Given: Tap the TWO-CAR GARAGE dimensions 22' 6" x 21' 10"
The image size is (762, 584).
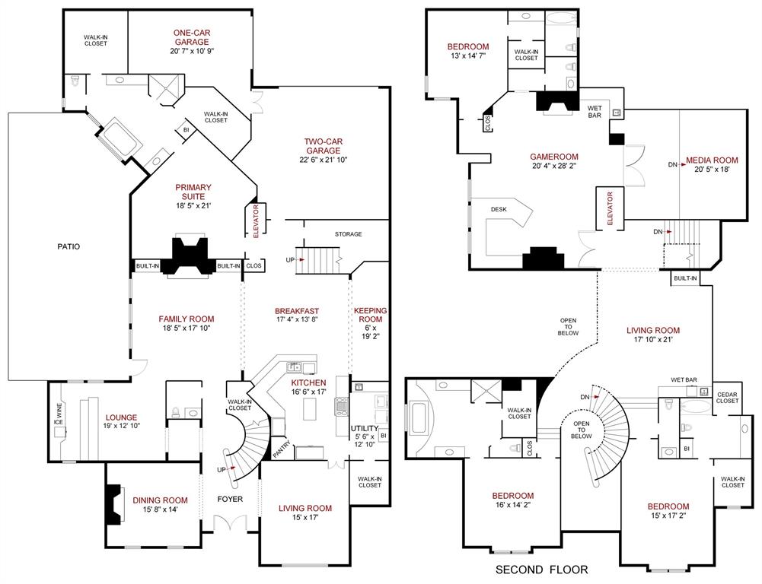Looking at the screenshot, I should (x=324, y=160).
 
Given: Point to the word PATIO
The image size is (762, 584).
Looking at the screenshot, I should (x=68, y=246).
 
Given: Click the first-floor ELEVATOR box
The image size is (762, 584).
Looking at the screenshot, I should (x=256, y=221).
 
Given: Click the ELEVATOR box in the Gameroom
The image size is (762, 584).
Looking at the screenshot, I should (x=610, y=208).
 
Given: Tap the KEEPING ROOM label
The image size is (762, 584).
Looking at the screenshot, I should (x=370, y=315).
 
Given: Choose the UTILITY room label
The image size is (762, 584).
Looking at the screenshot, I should (x=364, y=429).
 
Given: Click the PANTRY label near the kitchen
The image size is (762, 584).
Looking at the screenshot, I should (x=282, y=449).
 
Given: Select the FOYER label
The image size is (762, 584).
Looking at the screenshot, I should (x=230, y=500).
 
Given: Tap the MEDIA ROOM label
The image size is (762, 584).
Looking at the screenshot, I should (x=712, y=160).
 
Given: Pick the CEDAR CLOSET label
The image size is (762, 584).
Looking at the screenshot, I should (x=727, y=397).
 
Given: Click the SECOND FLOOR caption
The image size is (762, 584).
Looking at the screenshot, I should (x=541, y=569).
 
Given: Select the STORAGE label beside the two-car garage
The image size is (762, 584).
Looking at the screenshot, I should (x=347, y=234).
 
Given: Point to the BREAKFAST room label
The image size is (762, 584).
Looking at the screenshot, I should (x=296, y=311).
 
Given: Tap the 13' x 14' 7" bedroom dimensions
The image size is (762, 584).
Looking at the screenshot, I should (x=467, y=56).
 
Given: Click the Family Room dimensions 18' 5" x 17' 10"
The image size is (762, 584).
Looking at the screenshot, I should (x=187, y=328).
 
